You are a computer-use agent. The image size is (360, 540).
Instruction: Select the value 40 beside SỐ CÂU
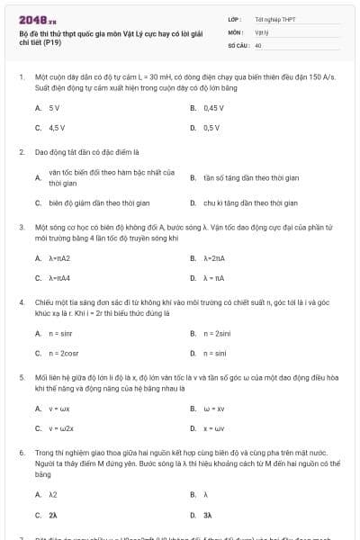coord(258,44)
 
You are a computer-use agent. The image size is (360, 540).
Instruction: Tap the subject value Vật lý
coord(261,31)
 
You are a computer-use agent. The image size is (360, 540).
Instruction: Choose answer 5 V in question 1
coord(54,107)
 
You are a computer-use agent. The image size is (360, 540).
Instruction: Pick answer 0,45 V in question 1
coord(212,107)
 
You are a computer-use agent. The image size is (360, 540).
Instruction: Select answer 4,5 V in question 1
coord(56,128)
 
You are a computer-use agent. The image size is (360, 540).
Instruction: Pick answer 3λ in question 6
coord(207,515)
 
